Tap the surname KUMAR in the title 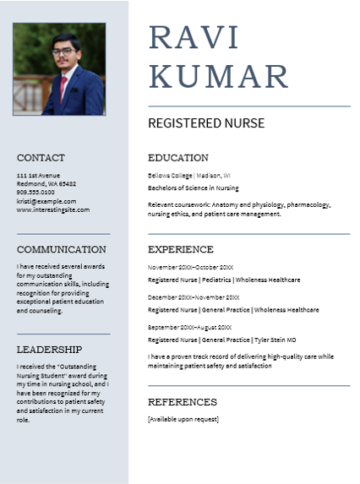219,76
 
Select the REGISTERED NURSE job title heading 206,123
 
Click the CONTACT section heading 41,158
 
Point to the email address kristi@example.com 46,201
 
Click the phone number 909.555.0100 35,193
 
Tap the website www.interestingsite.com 52,209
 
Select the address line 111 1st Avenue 38,175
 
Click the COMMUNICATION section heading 62,249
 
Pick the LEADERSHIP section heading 50,349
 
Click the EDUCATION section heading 177,158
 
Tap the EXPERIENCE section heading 181,249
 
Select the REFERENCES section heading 183,402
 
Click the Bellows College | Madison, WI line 189,175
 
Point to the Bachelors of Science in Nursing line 193,188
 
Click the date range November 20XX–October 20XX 190,267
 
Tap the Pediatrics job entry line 223,280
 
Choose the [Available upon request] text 183,419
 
